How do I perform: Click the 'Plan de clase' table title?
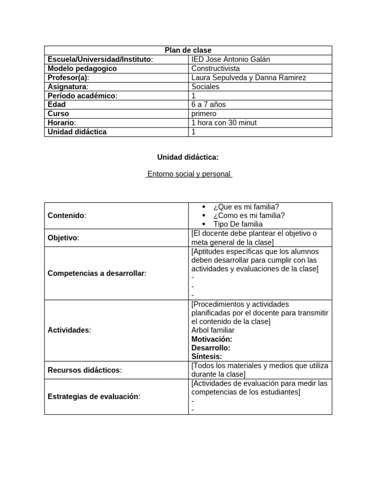click(188, 50)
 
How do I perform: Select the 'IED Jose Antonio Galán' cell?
click(231, 59)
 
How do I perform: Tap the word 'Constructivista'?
click(215, 69)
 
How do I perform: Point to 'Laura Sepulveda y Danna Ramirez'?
click(248, 77)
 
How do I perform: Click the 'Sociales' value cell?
click(206, 87)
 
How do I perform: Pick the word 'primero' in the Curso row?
click(204, 114)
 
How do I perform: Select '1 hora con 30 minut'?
click(224, 123)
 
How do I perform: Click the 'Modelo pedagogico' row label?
click(82, 69)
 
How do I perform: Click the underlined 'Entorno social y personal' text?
click(188, 174)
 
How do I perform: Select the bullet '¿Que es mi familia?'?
click(246, 207)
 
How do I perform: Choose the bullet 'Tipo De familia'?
click(238, 224)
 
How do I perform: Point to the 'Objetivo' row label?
click(63, 238)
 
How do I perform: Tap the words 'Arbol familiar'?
click(213, 330)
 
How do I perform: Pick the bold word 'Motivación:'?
click(212, 339)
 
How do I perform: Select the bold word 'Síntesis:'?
click(207, 356)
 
